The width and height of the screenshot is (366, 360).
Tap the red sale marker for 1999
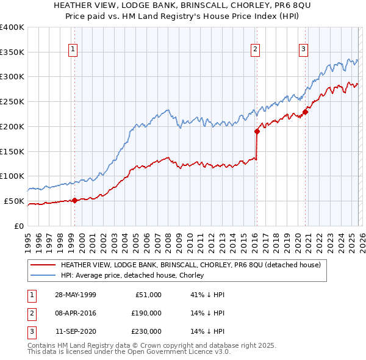click(x=74, y=200)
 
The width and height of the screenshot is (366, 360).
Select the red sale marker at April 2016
click(x=257, y=131)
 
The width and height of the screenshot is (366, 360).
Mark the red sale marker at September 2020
click(x=305, y=111)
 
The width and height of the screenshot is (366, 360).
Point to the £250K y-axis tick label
click(x=12, y=102)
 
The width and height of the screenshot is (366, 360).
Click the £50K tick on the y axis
click(x=14, y=201)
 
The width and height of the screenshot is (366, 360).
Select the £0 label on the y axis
click(x=20, y=226)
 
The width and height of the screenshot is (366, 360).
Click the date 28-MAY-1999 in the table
click(x=75, y=295)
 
